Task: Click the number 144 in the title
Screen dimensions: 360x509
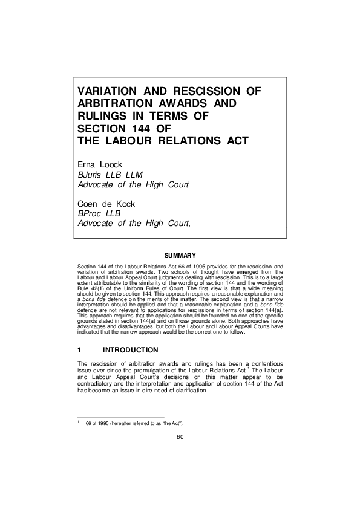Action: [x=143, y=128]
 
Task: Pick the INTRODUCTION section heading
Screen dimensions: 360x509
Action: [x=131, y=350]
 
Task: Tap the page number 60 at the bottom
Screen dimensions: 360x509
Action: [x=180, y=438]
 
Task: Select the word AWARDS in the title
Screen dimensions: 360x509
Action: [x=192, y=103]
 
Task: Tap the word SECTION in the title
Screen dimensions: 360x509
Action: [x=102, y=128]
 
